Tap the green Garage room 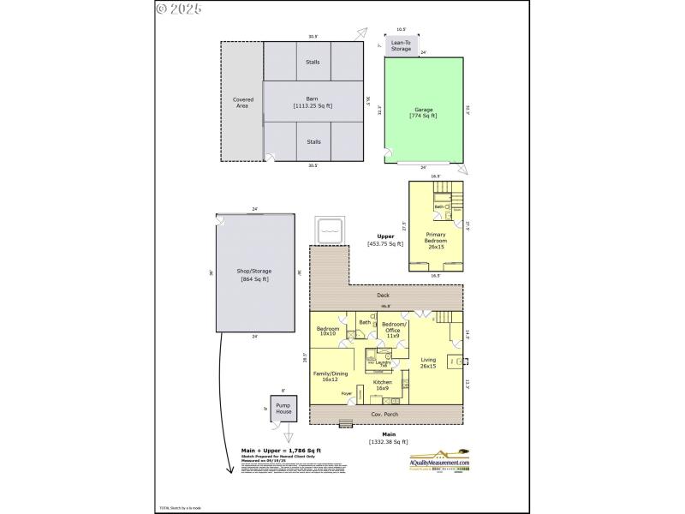(424, 112)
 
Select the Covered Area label (243, 103)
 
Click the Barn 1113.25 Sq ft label (313, 102)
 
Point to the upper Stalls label (313, 62)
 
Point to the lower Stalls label (313, 142)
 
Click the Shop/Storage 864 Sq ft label (254, 275)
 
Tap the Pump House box (283, 408)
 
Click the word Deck (384, 296)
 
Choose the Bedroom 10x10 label (328, 332)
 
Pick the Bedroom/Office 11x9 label (393, 332)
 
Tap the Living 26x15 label (428, 362)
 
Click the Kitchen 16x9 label (383, 385)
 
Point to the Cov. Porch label (384, 414)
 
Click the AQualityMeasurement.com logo (440, 461)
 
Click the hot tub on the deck (331, 228)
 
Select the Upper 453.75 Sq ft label (385, 240)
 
